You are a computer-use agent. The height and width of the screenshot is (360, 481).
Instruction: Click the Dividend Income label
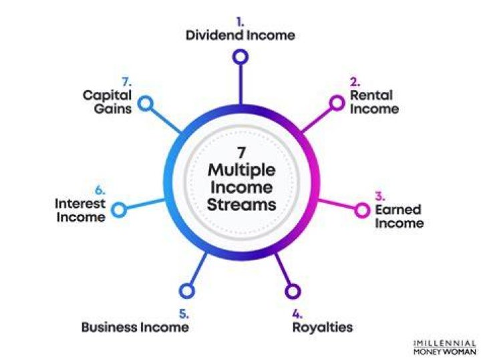pos(240,35)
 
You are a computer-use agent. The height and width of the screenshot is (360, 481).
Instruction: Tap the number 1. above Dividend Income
pos(240,22)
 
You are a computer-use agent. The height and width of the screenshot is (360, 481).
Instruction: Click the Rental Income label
pos(374,102)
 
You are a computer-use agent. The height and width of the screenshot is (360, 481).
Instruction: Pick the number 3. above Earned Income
pos(380,196)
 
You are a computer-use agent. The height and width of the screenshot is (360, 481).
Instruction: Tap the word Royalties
pos(323,327)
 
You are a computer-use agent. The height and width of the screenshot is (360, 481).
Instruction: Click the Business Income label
pos(135,327)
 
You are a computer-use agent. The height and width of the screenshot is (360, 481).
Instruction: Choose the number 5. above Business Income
pos(184,314)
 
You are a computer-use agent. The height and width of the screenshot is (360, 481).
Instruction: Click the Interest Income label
pos(80,210)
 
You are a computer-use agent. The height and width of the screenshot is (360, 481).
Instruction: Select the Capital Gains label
pos(107,102)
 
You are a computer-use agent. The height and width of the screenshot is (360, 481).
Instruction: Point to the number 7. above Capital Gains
pos(127,82)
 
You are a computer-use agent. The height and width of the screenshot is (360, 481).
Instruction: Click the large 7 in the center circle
pos(241,152)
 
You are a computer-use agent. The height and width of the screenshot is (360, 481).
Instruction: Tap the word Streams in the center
pos(242,204)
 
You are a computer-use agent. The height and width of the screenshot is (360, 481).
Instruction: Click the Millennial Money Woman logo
pos(444,347)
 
